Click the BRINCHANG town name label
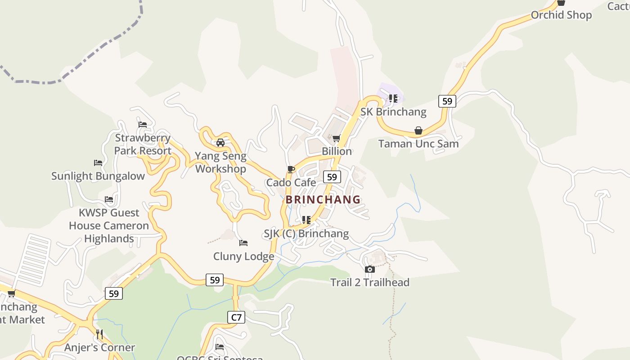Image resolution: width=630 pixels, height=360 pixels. [x=323, y=199]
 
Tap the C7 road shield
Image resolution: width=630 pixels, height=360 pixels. [x=236, y=317]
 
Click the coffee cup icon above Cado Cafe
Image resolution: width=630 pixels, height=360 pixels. [x=291, y=170]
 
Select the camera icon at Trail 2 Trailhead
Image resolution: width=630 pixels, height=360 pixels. [x=370, y=270]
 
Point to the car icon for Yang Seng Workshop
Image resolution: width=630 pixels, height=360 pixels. [x=220, y=143]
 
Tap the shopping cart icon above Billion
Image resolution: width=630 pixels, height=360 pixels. [x=336, y=138]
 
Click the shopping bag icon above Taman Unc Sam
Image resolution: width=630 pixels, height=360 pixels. [x=418, y=131]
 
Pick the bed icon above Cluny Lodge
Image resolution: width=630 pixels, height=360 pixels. [x=243, y=243]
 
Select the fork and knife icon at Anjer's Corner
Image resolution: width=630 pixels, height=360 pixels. [x=99, y=334]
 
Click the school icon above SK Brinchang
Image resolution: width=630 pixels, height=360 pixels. [x=393, y=99]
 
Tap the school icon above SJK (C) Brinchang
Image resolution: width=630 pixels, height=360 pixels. [x=306, y=220]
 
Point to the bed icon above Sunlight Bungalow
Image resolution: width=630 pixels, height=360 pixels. [x=98, y=163]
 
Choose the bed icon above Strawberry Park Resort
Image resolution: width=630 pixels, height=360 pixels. [x=143, y=125]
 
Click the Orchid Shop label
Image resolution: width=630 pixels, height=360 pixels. [x=561, y=15]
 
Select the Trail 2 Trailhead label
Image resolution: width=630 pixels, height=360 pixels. [x=370, y=283]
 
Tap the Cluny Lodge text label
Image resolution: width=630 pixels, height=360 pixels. [x=243, y=256]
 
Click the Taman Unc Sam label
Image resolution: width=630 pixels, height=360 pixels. [x=418, y=144]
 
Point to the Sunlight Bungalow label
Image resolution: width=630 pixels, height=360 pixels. [x=98, y=176]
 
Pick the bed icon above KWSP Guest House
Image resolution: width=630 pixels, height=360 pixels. [x=109, y=199]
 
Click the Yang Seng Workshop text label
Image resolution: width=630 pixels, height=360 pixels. [x=220, y=162]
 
